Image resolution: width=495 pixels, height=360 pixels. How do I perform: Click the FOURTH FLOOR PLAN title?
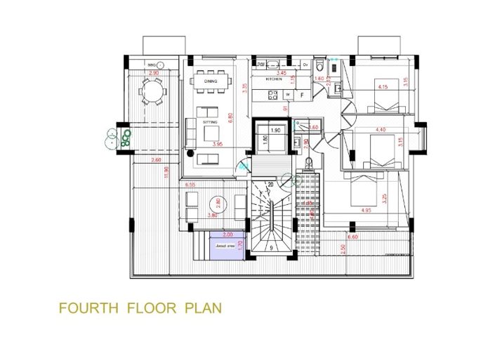click(x=140, y=307)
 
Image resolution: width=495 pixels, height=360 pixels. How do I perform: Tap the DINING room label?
click(x=211, y=81)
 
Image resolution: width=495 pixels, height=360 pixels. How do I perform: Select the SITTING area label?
click(x=210, y=122)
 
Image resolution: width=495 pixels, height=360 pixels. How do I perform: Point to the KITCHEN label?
click(x=274, y=80)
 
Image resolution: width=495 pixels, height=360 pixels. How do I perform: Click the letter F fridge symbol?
click(x=302, y=94)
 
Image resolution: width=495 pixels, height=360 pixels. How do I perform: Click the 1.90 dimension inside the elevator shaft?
click(x=275, y=131)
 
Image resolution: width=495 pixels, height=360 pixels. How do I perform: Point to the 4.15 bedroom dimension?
click(x=383, y=87)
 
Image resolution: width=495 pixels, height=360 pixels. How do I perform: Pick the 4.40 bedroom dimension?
click(x=381, y=130)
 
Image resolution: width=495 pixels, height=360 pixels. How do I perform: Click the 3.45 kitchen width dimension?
click(x=282, y=73)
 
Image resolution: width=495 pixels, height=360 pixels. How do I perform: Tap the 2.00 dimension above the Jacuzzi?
click(x=227, y=234)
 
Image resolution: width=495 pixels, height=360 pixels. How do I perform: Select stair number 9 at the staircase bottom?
click(x=271, y=248)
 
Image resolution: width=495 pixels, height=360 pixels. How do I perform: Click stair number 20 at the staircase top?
click(x=270, y=185)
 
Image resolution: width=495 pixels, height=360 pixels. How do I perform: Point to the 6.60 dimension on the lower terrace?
click(x=352, y=238)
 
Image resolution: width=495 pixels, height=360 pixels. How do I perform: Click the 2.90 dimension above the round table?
click(x=153, y=73)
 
